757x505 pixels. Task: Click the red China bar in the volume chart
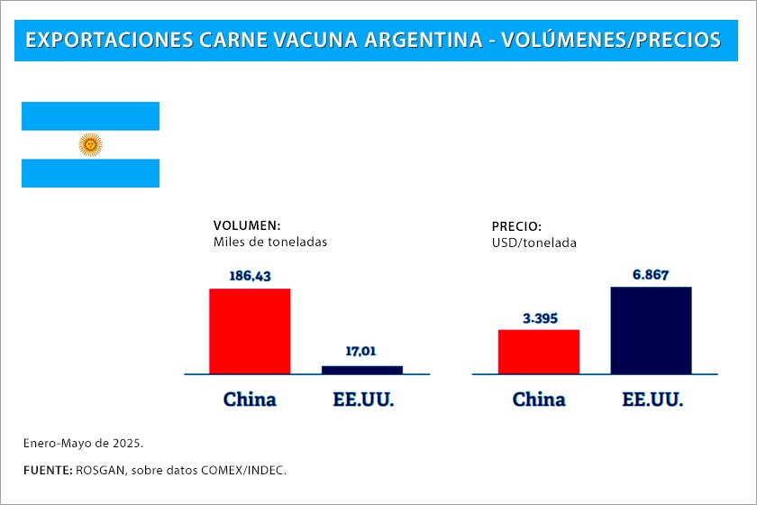(250, 331)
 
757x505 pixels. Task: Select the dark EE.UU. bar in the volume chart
(362, 369)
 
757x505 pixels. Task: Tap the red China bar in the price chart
(539, 352)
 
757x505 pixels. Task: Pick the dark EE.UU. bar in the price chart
(651, 330)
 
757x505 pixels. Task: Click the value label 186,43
(250, 276)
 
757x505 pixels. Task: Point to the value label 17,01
(362, 352)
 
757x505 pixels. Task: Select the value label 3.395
(539, 317)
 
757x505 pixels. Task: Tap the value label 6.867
(651, 274)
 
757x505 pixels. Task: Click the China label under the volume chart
(250, 399)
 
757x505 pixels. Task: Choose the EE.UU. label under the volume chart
(362, 399)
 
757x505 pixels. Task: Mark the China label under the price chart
(539, 399)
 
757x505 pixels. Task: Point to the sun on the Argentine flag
(90, 144)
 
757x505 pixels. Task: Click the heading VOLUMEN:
(247, 225)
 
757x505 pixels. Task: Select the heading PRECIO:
(516, 226)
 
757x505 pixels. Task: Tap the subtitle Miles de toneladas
(270, 242)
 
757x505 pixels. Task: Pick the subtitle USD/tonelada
(534, 243)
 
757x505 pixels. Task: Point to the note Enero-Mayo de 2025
(83, 444)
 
